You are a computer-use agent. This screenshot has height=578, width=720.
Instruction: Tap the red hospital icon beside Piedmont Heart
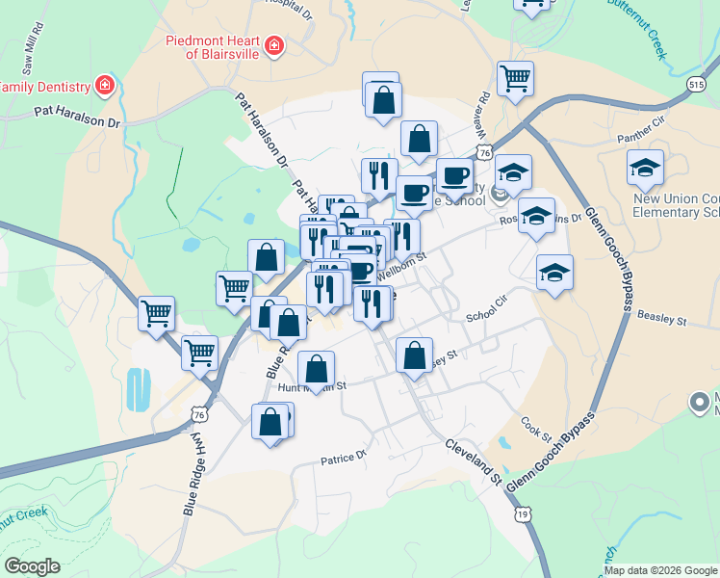tap(274, 46)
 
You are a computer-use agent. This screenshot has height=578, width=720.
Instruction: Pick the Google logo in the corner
tap(33, 566)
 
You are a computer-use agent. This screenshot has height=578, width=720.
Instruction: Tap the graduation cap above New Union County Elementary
tap(645, 169)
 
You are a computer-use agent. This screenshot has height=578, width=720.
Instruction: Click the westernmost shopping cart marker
tap(156, 312)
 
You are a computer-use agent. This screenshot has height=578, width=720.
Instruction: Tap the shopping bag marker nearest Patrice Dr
tap(270, 421)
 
